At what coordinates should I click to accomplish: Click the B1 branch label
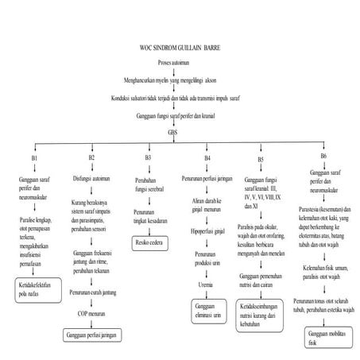[x=34, y=158]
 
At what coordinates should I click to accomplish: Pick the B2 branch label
[x=91, y=158]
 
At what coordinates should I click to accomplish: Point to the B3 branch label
[x=148, y=158]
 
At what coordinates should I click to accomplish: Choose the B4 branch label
[x=207, y=158]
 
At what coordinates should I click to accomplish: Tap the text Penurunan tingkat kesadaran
[x=149, y=218]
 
